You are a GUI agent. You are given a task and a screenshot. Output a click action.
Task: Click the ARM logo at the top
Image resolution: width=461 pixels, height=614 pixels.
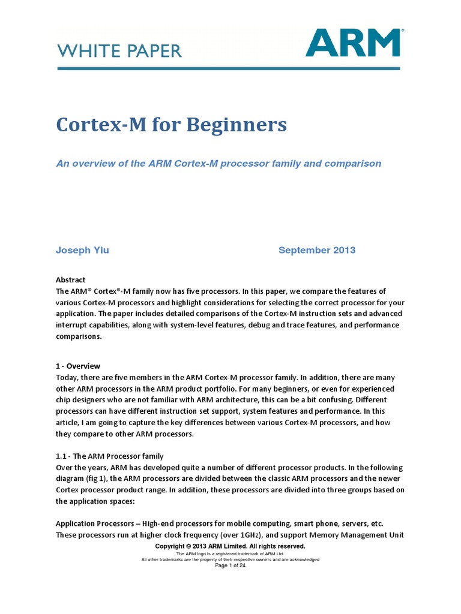354,43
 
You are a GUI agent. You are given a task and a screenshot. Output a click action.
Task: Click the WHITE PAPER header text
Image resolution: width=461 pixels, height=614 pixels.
119,51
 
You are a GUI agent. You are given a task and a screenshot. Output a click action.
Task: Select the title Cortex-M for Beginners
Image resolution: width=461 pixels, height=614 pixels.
171,125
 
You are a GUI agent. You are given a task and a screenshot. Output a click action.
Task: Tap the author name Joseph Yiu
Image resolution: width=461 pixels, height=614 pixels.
82,250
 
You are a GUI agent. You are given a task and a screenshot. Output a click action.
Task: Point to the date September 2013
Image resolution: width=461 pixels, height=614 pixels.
316,250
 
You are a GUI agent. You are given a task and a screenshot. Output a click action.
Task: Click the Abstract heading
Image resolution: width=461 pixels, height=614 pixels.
70,279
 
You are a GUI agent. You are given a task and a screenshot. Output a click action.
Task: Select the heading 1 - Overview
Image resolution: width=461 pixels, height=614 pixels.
78,366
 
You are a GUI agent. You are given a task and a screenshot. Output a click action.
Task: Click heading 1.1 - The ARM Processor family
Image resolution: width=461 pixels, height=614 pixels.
109,456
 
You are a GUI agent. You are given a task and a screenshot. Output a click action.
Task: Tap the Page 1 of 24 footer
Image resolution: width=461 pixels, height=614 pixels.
230,565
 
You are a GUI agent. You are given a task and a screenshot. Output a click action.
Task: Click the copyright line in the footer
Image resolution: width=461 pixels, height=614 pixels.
230,546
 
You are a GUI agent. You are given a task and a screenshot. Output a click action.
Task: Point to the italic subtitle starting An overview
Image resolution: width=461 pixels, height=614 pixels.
218,163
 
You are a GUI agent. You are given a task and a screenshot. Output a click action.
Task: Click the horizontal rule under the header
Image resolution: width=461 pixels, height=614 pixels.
228,69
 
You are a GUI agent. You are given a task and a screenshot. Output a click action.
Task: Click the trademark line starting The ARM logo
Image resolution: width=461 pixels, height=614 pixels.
230,553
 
